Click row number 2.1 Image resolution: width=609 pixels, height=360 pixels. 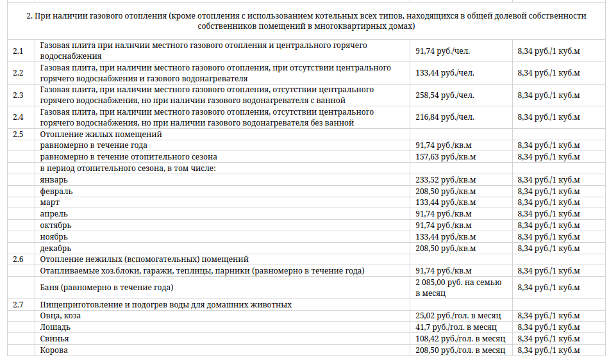(x=18, y=51)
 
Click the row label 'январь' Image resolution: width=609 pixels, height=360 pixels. (x=54, y=180)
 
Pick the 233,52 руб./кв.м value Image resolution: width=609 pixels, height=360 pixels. (x=446, y=180)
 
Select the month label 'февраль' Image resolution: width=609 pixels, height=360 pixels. (x=56, y=191)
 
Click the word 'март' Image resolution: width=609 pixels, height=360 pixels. (x=50, y=202)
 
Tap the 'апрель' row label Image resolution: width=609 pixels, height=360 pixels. (x=54, y=214)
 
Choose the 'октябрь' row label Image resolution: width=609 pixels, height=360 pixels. (x=56, y=225)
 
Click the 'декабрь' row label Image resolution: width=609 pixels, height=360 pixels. (x=56, y=248)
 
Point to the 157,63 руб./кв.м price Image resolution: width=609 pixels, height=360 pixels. (x=446, y=156)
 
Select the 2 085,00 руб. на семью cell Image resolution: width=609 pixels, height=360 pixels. (x=458, y=282)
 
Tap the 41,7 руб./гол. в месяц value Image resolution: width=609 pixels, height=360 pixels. (x=456, y=327)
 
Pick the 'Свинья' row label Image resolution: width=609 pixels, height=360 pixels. (x=54, y=339)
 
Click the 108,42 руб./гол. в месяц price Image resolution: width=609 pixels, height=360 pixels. (x=460, y=339)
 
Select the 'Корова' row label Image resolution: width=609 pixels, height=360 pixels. (x=54, y=350)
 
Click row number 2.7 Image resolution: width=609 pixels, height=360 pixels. (x=18, y=304)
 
